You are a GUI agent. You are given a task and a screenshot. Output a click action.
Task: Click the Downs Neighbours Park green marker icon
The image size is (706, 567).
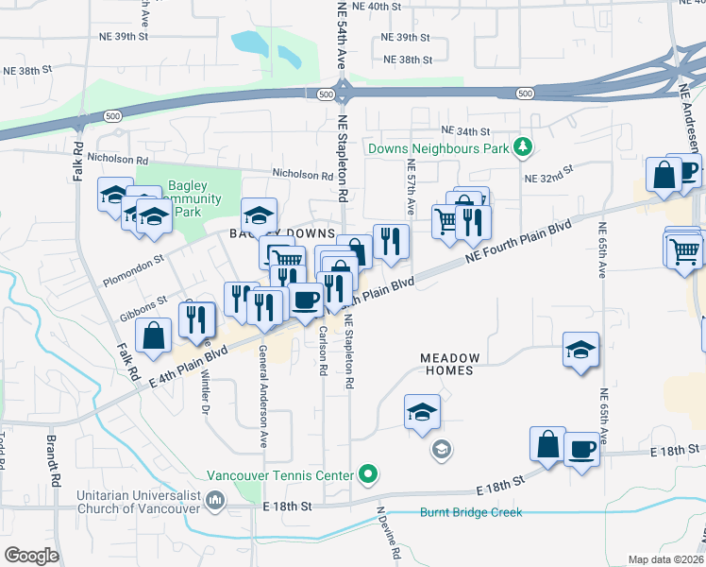coord(520,148)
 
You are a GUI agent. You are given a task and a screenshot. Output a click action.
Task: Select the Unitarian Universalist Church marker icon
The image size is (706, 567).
coord(215,500)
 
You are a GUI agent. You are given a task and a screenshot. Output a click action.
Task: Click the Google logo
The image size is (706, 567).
coord(32,555)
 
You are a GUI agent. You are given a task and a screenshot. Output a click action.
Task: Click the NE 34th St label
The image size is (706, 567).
coord(465,131)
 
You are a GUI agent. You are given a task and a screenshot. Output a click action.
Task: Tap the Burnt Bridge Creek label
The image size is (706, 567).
coord(470,512)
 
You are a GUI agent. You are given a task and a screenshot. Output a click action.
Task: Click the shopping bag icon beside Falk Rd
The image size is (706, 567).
coord(153,335)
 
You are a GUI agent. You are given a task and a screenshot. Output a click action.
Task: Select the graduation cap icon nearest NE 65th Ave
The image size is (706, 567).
coord(580,349)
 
